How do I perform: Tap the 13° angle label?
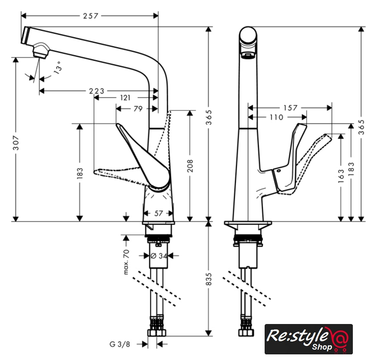coord(57,70)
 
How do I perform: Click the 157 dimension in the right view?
coord(290,107)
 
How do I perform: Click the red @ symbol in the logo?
coord(339,339)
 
